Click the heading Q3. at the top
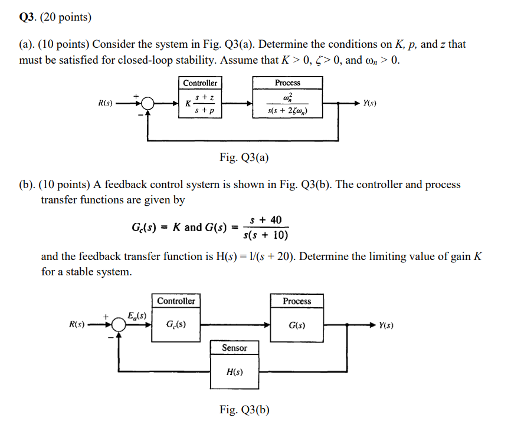[x=27, y=17]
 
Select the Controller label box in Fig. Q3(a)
[x=199, y=83]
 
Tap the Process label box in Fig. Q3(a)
[x=287, y=83]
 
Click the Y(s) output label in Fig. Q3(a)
[x=370, y=103]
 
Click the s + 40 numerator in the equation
[x=266, y=220]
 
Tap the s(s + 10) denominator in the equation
[x=266, y=236]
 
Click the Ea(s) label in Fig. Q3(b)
[x=138, y=315]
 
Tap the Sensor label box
[x=234, y=348]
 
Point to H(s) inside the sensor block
[x=234, y=372]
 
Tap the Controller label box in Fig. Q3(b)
[x=176, y=301]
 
